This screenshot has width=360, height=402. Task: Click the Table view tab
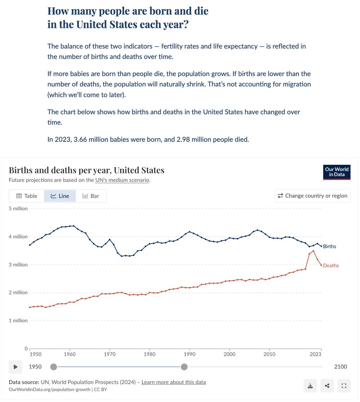click(x=27, y=196)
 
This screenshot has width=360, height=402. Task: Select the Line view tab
click(x=60, y=196)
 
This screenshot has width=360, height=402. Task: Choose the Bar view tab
click(x=91, y=196)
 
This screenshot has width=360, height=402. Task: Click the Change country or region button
click(x=313, y=196)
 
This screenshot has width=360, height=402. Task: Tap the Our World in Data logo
click(x=337, y=172)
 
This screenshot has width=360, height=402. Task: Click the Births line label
click(x=329, y=246)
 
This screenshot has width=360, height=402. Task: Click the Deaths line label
click(x=331, y=265)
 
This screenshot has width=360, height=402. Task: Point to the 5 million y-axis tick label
click(x=18, y=208)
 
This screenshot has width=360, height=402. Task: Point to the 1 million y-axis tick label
click(x=18, y=321)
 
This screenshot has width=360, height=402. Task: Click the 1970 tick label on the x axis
click(x=110, y=354)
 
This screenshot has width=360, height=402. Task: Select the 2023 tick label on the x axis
click(x=315, y=354)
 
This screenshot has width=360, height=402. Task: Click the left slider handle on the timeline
click(x=54, y=367)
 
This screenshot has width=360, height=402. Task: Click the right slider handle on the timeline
click(x=184, y=367)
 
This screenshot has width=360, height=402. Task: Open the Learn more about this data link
click(x=174, y=382)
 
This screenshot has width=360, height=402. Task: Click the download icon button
click(x=310, y=386)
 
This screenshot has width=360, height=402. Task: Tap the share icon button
click(x=327, y=386)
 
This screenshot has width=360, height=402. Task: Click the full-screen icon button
click(x=344, y=386)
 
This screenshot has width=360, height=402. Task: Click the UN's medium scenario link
click(x=122, y=180)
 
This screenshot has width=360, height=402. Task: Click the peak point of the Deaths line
click(x=313, y=251)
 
